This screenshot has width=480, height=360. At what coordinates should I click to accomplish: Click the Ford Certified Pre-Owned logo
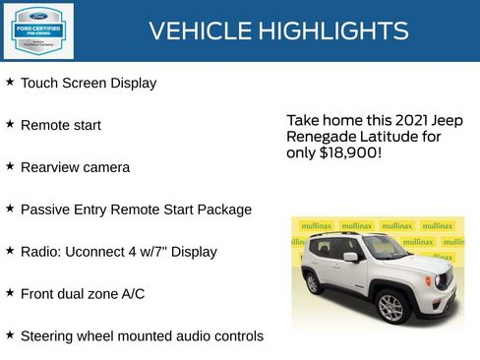coord(37,30)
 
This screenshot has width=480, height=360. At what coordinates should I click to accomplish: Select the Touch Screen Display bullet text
coord(89,84)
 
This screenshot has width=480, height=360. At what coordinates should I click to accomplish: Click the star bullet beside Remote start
coord(10,125)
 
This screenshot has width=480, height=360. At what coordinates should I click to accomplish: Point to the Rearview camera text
coord(75,168)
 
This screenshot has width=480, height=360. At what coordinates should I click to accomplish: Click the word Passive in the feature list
coord(45,210)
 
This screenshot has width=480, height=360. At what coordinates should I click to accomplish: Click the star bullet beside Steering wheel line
coord(10,335)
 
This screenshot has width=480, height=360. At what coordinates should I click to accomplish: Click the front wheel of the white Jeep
coord(391,307)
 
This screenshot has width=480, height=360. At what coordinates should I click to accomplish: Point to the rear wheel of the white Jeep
coord(314,284)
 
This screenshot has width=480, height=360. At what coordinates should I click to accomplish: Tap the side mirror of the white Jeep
coord(350,257)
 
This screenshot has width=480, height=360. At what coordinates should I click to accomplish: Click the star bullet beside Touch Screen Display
coord(10,83)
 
